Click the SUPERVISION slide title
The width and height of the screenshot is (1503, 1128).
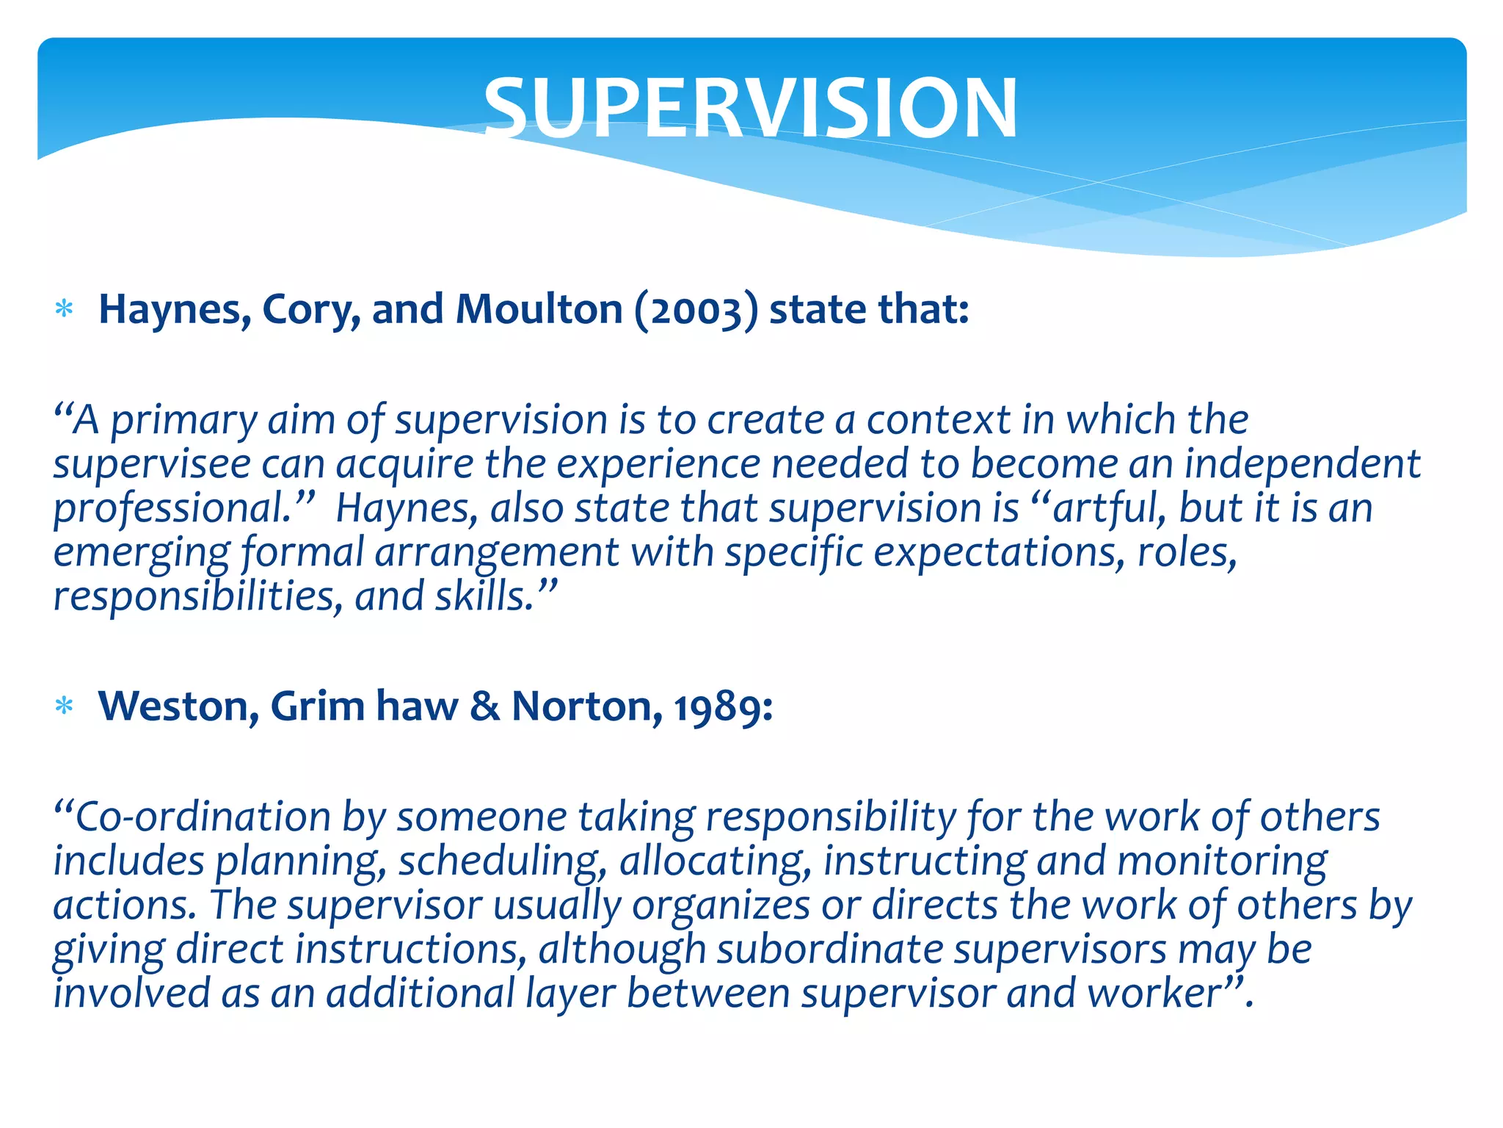tap(751, 109)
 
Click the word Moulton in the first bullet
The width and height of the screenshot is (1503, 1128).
tap(539, 309)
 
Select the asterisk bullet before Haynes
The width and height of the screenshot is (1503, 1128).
tap(65, 309)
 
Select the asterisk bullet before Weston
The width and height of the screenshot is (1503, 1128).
tap(65, 706)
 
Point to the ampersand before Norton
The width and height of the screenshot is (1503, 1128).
tap(484, 706)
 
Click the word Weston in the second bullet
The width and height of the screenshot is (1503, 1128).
tap(178, 706)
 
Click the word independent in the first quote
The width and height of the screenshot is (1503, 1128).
tap(1302, 464)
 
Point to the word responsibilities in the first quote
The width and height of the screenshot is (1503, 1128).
tap(198, 597)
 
